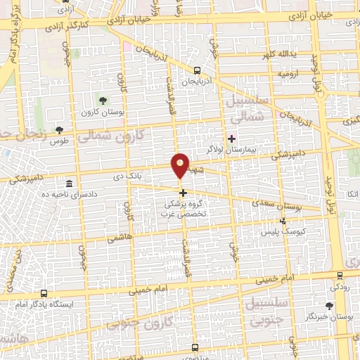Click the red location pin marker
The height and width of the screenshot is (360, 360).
[181, 166]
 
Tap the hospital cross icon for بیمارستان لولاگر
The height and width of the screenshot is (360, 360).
[231, 138]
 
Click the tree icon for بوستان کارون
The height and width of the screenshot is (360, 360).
[104, 100]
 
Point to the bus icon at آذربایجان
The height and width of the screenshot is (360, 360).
[198, 70]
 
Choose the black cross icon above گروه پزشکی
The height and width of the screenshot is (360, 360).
[183, 192]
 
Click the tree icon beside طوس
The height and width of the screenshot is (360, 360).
[59, 130]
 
